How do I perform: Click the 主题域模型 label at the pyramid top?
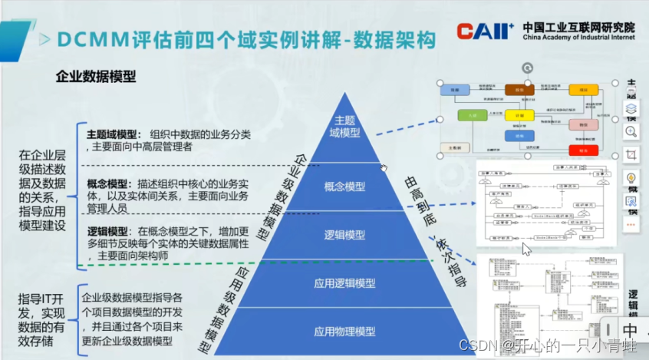[344, 127]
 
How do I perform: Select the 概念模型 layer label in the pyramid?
[344, 187]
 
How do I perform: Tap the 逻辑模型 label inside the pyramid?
[344, 235]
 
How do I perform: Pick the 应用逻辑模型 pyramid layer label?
[344, 282]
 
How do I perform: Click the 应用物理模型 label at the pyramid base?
[344, 331]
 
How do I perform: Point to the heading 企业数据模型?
[96, 76]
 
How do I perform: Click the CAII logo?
[485, 31]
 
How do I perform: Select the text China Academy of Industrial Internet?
[579, 36]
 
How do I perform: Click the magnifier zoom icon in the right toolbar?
[631, 131]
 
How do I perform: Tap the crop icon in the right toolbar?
[631, 155]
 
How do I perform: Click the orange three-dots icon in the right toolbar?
[631, 225]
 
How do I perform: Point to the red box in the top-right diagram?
[578, 150]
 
